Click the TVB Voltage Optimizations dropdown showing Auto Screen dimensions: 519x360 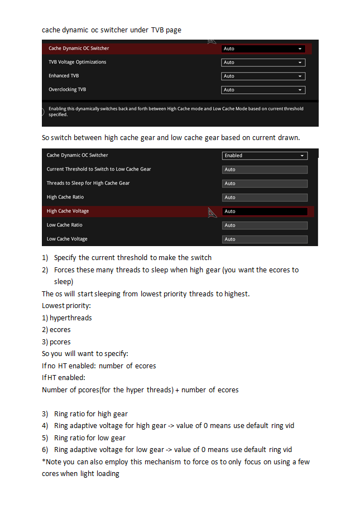tap(263, 63)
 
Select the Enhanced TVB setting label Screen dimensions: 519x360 tap(64, 76)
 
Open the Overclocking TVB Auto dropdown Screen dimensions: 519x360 tap(263, 90)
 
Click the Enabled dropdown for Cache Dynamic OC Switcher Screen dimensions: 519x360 tap(265, 156)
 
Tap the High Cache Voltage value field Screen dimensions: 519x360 tap(265, 212)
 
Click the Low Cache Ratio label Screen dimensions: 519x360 tap(64, 225)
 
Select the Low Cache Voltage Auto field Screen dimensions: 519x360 tap(265, 239)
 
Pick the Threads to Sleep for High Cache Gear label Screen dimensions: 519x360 tap(88, 183)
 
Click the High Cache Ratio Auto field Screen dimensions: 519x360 tap(265, 198)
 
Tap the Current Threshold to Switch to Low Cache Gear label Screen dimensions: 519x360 tap(99, 169)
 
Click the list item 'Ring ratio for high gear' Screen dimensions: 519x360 tap(91, 414)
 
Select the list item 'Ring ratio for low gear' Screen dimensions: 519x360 tap(90, 438)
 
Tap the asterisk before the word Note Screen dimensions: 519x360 tap(44, 461)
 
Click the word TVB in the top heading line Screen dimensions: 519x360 tap(158, 30)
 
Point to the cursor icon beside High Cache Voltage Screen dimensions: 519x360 tap(212, 212)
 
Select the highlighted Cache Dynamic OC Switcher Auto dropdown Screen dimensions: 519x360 tap(263, 49)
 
